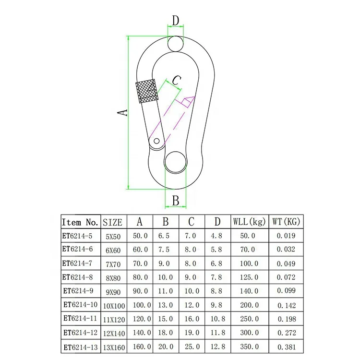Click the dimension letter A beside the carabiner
[123, 112]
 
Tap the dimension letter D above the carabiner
[176, 21]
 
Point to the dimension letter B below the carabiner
[176, 200]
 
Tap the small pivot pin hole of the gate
[156, 142]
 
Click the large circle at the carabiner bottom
[176, 162]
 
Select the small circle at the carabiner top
[176, 44]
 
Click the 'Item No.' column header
[80, 222]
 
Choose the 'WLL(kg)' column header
[249, 222]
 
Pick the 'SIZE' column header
[113, 222]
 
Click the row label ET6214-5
[77, 236]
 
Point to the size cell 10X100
[114, 305]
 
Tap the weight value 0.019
[287, 236]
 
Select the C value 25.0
[191, 346]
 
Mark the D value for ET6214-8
[217, 277]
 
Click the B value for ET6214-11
[165, 318]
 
